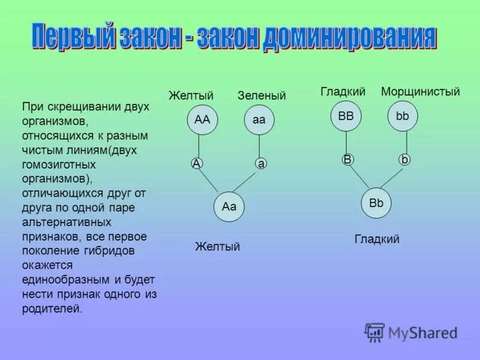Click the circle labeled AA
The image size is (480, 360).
click(x=202, y=120)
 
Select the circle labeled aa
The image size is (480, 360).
click(x=259, y=120)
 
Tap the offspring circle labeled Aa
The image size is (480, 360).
click(x=229, y=207)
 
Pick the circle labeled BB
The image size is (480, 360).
click(x=346, y=116)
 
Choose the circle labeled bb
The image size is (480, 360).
click(x=403, y=116)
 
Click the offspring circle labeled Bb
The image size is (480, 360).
click(x=376, y=203)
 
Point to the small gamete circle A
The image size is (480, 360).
click(x=196, y=163)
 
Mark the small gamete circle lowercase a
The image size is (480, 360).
click(x=260, y=163)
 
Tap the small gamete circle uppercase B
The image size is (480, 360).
click(x=346, y=159)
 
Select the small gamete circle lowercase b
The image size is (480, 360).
click(x=404, y=159)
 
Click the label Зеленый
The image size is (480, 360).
click(x=262, y=96)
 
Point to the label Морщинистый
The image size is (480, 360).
click(x=421, y=92)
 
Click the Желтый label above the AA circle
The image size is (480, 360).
click(x=191, y=96)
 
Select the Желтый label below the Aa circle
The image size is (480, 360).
click(x=218, y=247)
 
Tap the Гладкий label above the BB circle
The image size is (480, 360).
click(x=343, y=92)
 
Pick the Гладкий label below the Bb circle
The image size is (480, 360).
click(x=377, y=239)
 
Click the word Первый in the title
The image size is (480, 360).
click(x=72, y=37)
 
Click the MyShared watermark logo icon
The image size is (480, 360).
click(x=375, y=332)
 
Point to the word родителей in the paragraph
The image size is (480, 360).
click(x=50, y=309)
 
